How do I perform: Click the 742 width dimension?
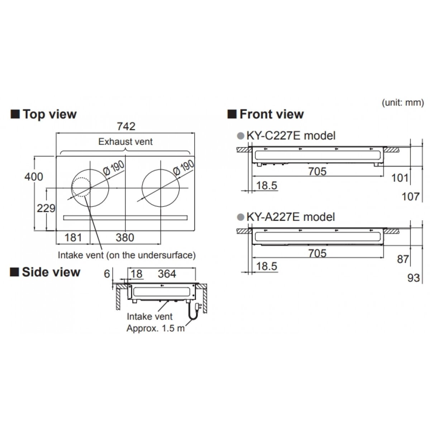click(126, 126)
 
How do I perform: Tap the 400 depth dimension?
click(34, 177)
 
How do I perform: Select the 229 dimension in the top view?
click(46, 209)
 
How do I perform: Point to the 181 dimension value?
click(73, 238)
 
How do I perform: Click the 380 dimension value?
click(125, 238)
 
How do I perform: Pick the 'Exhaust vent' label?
click(125, 142)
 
